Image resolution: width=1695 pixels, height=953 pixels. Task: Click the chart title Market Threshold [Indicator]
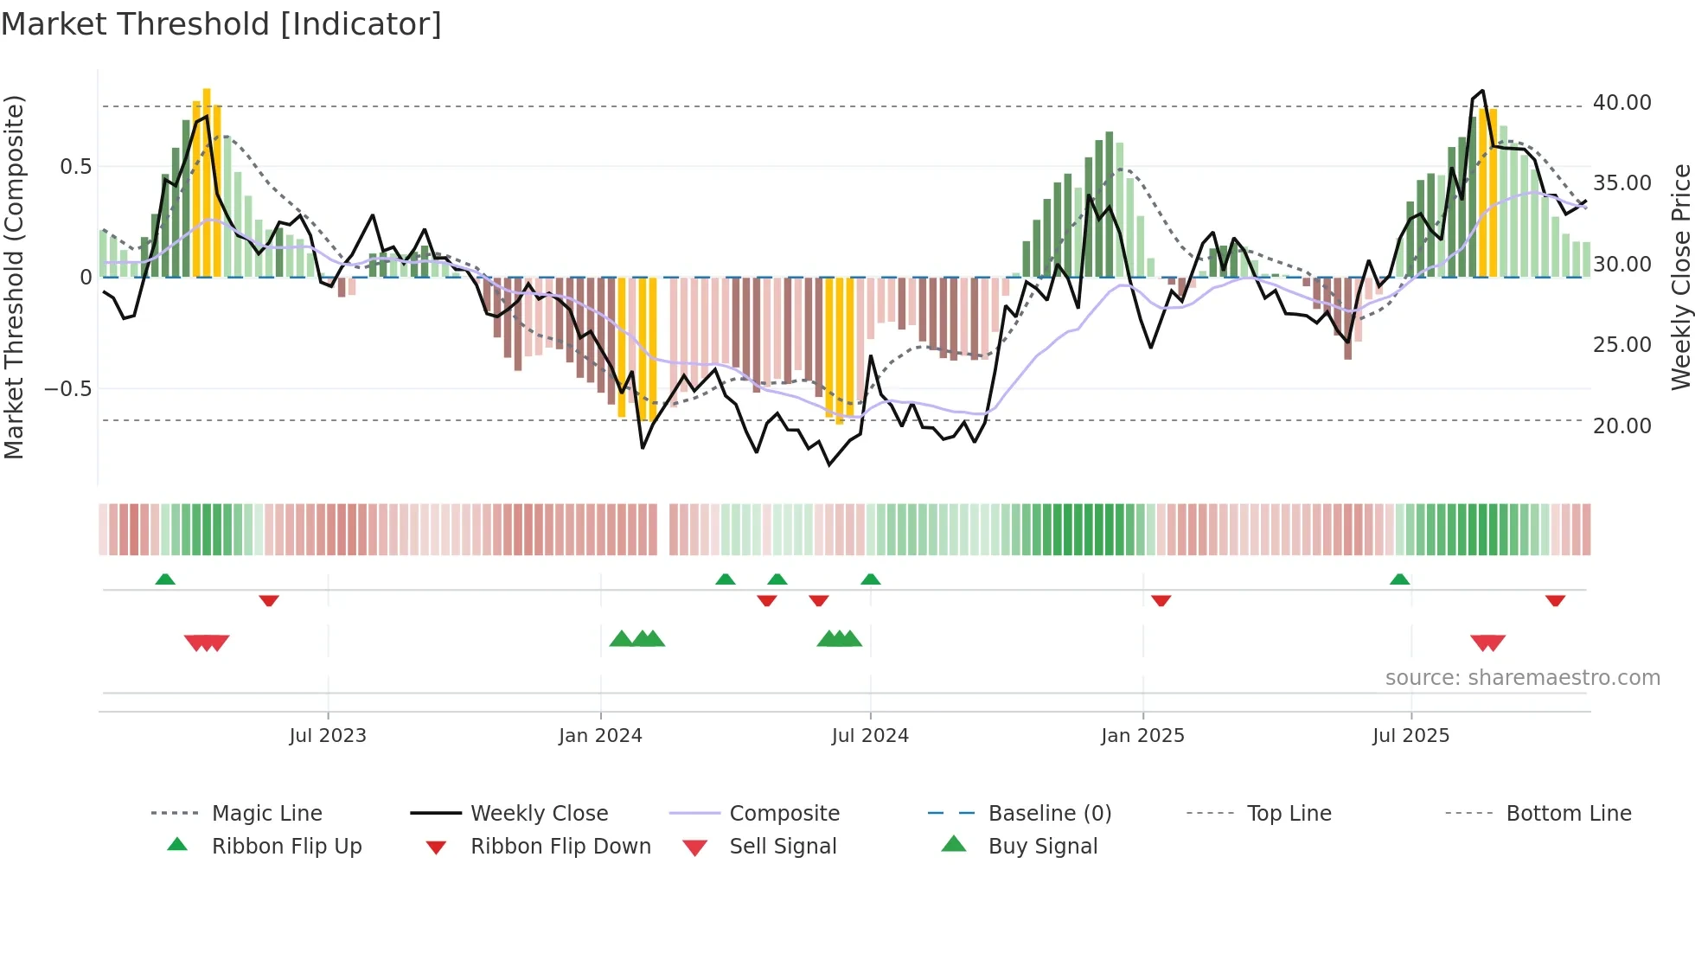pos(221,24)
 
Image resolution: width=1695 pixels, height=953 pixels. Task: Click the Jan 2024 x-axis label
pos(600,736)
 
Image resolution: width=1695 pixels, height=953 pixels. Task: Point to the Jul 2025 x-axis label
pos(1410,736)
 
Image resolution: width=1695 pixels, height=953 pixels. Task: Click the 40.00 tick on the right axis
pos(1621,103)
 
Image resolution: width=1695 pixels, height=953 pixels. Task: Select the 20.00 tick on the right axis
pos(1621,425)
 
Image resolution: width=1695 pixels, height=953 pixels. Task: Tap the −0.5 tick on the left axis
pos(68,388)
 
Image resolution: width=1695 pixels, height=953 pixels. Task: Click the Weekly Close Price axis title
pos(1680,277)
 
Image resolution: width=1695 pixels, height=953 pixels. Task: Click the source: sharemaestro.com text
pos(1522,678)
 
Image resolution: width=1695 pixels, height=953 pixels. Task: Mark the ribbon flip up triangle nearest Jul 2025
pos(1399,579)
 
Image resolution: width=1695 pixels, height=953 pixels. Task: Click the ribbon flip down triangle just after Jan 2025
pos(1161,600)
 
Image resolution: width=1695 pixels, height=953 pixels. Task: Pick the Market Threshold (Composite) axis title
pos(14,277)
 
